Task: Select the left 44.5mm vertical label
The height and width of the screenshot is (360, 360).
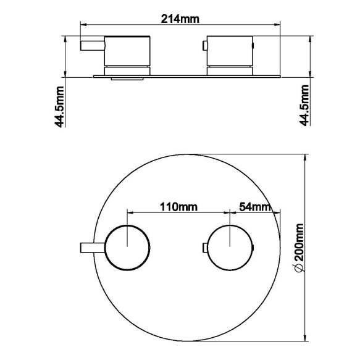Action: tap(60, 106)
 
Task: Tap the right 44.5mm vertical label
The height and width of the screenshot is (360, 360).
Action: tap(304, 106)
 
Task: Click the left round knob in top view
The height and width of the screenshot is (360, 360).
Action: tap(127, 248)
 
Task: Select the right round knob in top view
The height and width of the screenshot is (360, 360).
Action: tap(230, 248)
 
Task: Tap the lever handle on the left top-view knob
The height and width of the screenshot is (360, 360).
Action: tap(91, 248)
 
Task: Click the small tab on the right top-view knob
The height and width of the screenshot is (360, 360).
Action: tap(204, 248)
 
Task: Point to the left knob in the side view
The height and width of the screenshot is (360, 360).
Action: tap(128, 51)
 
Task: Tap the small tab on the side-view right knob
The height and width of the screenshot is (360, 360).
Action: tap(205, 44)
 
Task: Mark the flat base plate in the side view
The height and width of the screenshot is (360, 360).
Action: tap(185, 75)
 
